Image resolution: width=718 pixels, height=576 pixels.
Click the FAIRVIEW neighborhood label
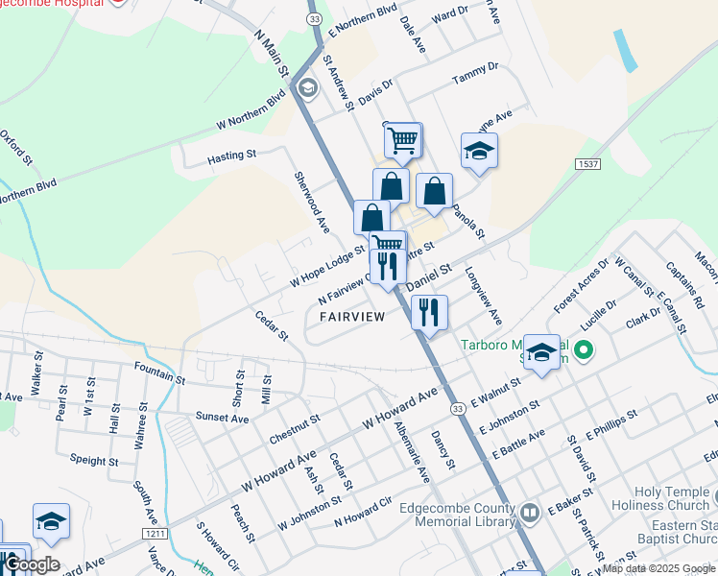352,316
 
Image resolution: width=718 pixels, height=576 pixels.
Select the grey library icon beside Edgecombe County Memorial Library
530,510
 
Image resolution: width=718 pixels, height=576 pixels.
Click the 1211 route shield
154,533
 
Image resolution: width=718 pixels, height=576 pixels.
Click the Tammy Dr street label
476,69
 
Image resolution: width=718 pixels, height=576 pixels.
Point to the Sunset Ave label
223,419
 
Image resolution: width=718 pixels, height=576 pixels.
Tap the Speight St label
93,461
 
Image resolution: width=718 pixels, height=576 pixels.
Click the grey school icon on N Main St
307,89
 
